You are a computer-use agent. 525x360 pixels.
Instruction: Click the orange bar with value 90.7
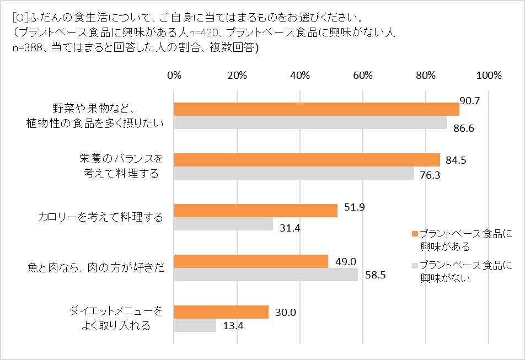coord(317,109)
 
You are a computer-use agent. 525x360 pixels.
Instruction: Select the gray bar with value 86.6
coord(310,122)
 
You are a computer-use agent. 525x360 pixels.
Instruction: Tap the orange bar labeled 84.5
coord(307,160)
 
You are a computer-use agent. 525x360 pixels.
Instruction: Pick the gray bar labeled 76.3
coord(294,173)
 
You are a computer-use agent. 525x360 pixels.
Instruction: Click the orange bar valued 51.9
coord(255,211)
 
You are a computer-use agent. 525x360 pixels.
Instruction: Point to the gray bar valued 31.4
coord(223,224)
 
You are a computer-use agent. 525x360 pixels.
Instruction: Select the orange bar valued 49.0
coord(251,261)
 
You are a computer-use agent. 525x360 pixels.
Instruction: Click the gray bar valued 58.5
coord(266,275)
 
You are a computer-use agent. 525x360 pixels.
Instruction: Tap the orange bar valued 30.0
coord(221,312)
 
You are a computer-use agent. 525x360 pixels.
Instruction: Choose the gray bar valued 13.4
coord(195,325)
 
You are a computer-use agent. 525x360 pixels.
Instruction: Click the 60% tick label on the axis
coord(363,76)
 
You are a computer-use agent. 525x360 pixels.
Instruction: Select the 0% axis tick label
coord(174,76)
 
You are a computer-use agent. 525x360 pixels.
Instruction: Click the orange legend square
coord(415,234)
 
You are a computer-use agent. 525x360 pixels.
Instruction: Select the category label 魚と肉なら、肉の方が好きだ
coord(95,268)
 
